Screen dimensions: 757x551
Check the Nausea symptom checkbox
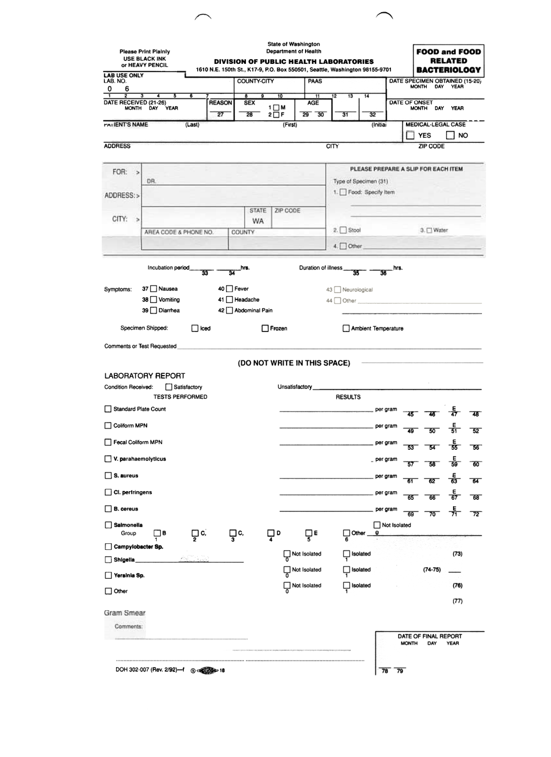[x=153, y=289]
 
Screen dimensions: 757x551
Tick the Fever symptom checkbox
[x=229, y=289]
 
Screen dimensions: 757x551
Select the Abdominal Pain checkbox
[x=229, y=311]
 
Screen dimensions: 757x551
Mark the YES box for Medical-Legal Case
[x=411, y=135]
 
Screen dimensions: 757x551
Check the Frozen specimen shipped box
[x=265, y=329]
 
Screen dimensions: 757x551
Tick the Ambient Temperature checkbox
[x=346, y=329]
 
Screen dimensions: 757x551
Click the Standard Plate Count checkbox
[x=108, y=409]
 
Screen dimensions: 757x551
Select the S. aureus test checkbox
[x=108, y=476]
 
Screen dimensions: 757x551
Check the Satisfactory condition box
[x=169, y=387]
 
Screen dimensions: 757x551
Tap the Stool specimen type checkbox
[x=343, y=230]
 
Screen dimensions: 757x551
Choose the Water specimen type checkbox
[x=429, y=230]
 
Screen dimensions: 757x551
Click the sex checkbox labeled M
[x=276, y=107]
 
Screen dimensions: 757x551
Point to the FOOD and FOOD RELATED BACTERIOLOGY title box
[x=448, y=60]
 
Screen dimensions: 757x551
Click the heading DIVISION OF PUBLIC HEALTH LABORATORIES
[x=293, y=62]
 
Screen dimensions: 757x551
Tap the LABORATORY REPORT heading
[x=144, y=376]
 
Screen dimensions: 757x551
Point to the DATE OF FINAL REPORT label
[x=429, y=636]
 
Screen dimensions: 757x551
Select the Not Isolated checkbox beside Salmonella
[x=377, y=525]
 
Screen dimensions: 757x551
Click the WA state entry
[x=258, y=222]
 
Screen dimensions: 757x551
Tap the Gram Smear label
[x=125, y=613]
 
